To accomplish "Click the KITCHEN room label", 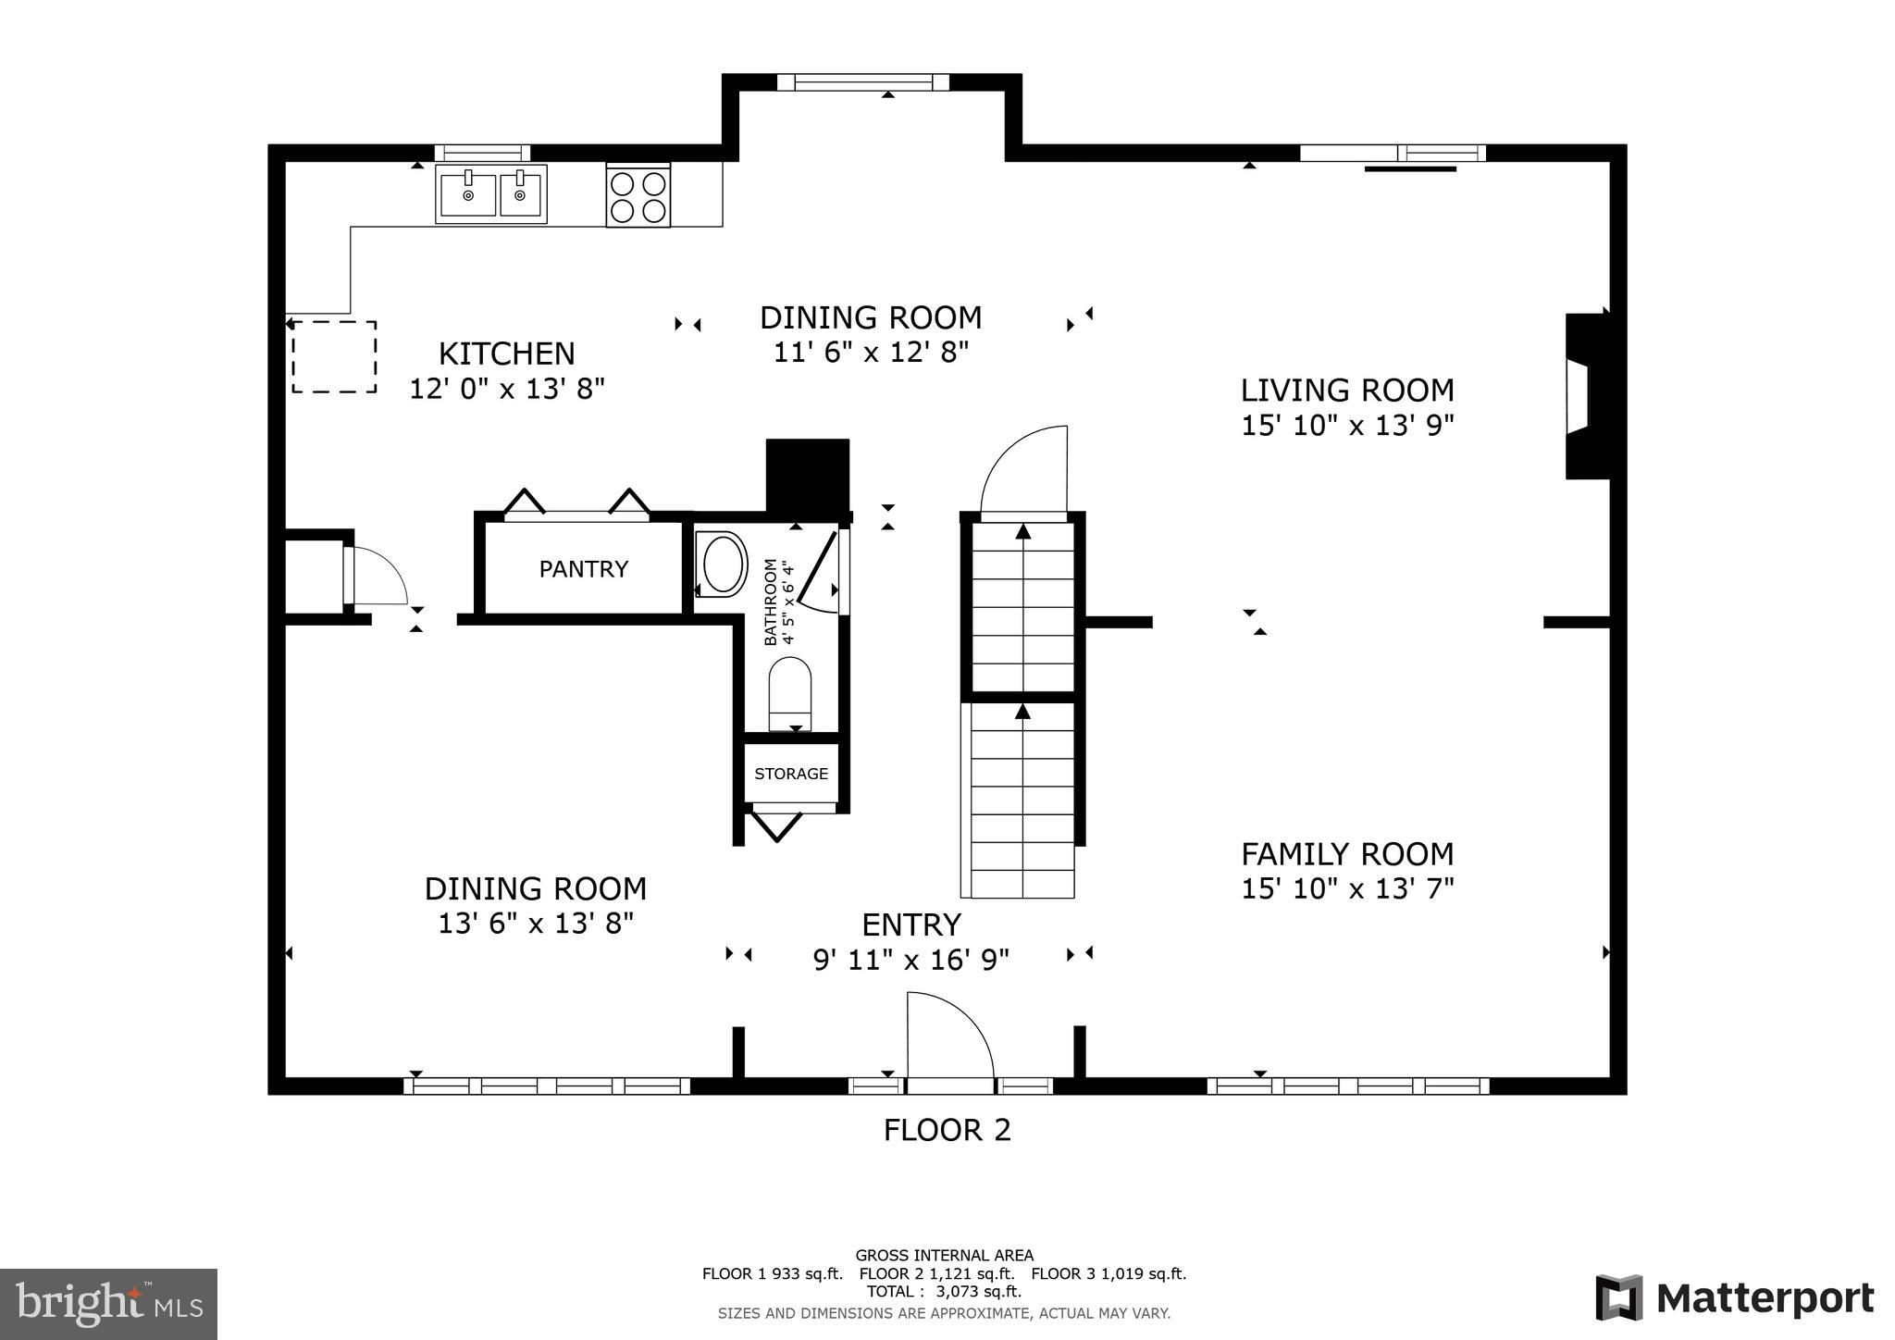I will (x=506, y=354).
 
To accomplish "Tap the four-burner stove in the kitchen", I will (x=638, y=195).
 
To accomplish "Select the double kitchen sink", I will (x=491, y=194).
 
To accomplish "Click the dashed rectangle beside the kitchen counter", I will (x=334, y=357).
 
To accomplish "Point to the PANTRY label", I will (x=584, y=569).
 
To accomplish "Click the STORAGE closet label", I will (x=791, y=774).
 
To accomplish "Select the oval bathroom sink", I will (x=724, y=564).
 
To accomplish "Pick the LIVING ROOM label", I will (x=1347, y=391).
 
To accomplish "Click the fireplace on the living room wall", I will (x=1586, y=396).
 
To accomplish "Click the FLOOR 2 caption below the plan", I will (x=947, y=1130).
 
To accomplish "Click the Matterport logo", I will (x=1734, y=1298).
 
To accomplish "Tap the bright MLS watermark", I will (x=109, y=1304).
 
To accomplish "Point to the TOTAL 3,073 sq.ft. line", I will (x=944, y=1291).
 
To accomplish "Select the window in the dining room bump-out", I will (x=862, y=82).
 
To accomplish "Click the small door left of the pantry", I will (x=375, y=577).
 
